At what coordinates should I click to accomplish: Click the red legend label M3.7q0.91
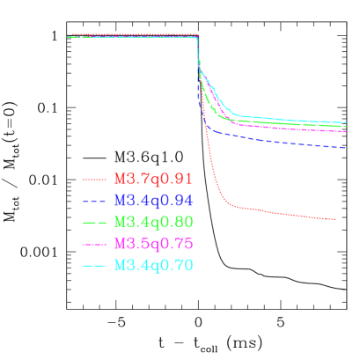152,179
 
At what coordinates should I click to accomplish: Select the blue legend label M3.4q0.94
152,200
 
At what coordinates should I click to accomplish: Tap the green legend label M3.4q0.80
152,221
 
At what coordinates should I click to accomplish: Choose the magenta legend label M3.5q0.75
152,243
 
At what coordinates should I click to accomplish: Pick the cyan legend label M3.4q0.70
152,264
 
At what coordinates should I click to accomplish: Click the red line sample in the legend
94,180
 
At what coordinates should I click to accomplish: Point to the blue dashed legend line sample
94,201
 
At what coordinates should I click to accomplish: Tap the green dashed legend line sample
94,222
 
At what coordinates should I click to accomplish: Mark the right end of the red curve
335,219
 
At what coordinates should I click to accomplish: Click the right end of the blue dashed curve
346,148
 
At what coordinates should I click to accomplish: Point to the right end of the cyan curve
346,122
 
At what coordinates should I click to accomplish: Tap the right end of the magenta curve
346,131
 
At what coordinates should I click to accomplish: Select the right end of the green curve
346,127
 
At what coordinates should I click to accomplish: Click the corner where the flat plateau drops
197,36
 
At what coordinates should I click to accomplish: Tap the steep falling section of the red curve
207,150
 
